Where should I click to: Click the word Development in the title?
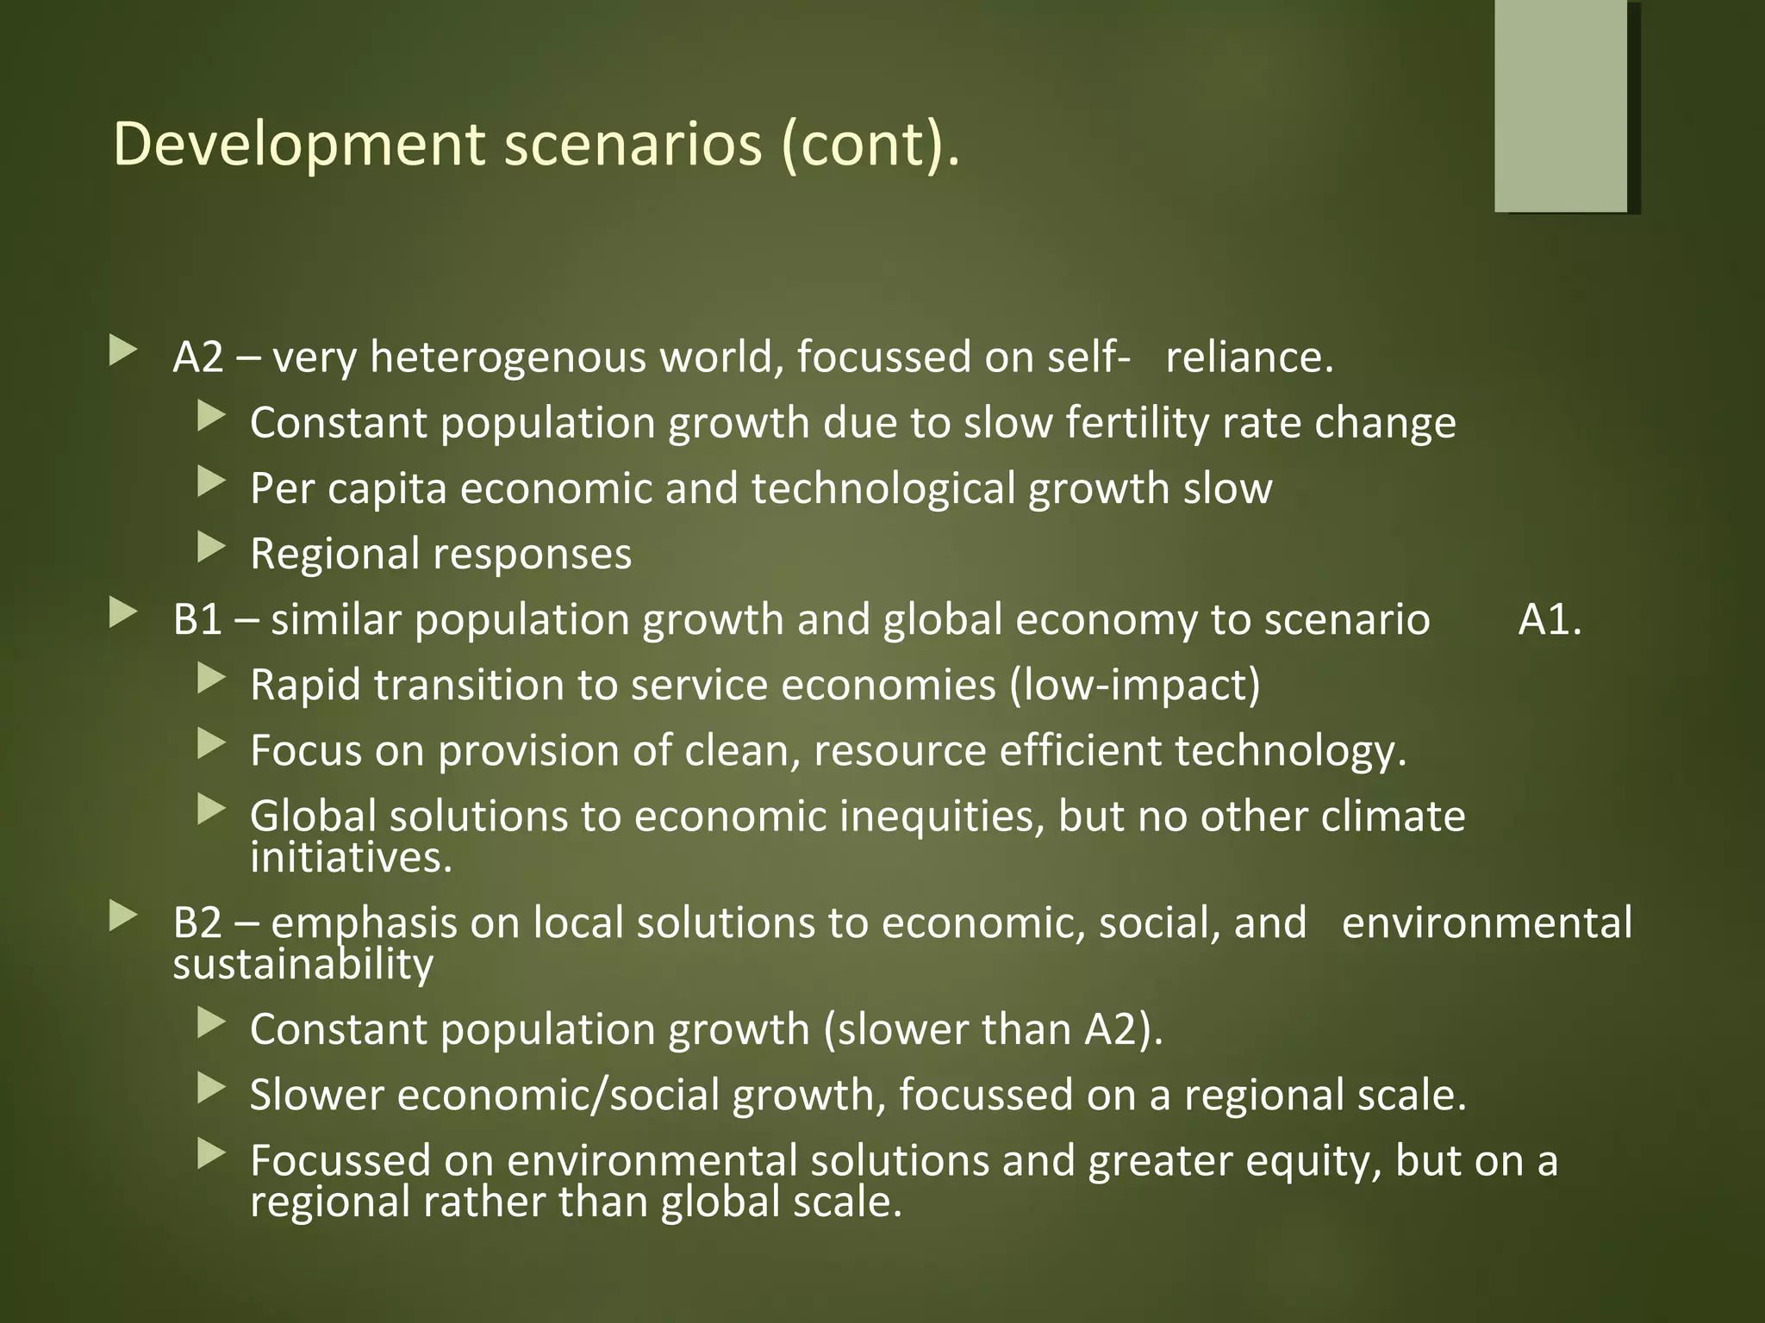[x=298, y=144]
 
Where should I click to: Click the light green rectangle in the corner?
[x=1561, y=105]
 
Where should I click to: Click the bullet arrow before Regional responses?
[x=210, y=548]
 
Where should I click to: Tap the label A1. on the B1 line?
[x=1550, y=619]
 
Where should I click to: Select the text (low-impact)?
[x=1135, y=685]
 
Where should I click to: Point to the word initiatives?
[x=351, y=857]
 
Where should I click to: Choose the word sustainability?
[x=302, y=964]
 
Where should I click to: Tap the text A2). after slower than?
[x=1124, y=1029]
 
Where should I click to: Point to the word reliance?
[x=1249, y=357]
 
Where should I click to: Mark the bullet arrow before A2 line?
[x=123, y=351]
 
